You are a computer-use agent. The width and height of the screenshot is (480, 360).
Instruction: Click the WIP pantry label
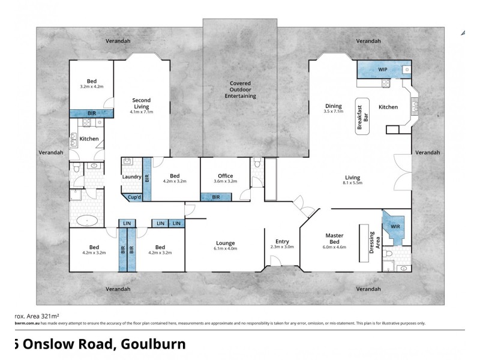point(382,70)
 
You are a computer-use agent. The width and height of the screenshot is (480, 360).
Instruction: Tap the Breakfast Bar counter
point(362,116)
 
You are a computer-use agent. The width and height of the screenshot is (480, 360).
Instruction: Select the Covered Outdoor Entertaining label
point(240,89)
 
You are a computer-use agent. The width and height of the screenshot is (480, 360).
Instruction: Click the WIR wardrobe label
point(395,227)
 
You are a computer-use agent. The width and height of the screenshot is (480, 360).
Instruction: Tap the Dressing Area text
point(372,244)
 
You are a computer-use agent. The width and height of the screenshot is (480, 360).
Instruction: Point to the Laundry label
point(131,177)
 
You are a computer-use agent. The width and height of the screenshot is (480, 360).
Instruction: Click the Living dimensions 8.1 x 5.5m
point(352,183)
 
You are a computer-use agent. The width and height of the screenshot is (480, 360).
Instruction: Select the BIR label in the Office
point(216,196)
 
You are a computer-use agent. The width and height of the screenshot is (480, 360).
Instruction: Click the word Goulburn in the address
point(154,344)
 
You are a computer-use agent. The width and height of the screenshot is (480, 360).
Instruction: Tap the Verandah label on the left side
point(51,152)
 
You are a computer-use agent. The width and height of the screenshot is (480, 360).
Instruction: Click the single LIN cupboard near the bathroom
point(127,223)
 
